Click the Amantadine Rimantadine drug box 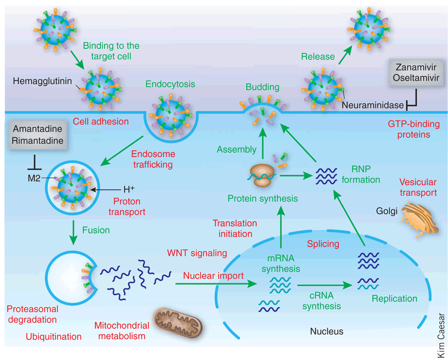click(38, 135)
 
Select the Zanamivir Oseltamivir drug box click(416, 72)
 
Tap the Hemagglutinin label click(42, 81)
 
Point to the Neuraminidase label click(373, 105)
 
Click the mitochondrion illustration click(178, 322)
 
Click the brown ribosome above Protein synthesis click(262, 176)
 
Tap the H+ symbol click(129, 189)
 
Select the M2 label click(34, 178)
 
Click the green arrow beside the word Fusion click(73, 232)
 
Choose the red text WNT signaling click(197, 253)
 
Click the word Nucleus click(327, 331)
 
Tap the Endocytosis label click(170, 84)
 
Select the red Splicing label click(323, 244)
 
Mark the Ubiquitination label click(54, 337)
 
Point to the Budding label click(262, 87)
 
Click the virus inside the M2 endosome click(72, 187)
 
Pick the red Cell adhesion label click(100, 121)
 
